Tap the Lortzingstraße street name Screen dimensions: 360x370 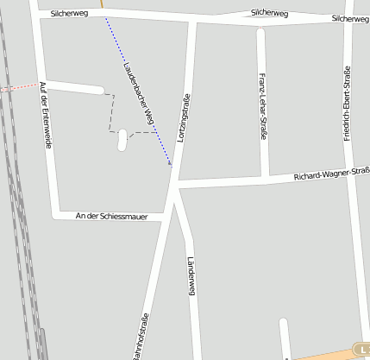point(183,117)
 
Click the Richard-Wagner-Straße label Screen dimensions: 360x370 point(331,175)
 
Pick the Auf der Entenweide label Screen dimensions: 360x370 point(45,115)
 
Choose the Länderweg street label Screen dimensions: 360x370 point(192,277)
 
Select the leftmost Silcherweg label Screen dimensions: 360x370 point(70,14)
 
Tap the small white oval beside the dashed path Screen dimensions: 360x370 point(122,139)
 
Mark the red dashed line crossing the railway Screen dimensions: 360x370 point(19,87)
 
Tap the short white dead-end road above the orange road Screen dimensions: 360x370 point(283,337)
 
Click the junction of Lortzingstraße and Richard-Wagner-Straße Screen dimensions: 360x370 point(178,184)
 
